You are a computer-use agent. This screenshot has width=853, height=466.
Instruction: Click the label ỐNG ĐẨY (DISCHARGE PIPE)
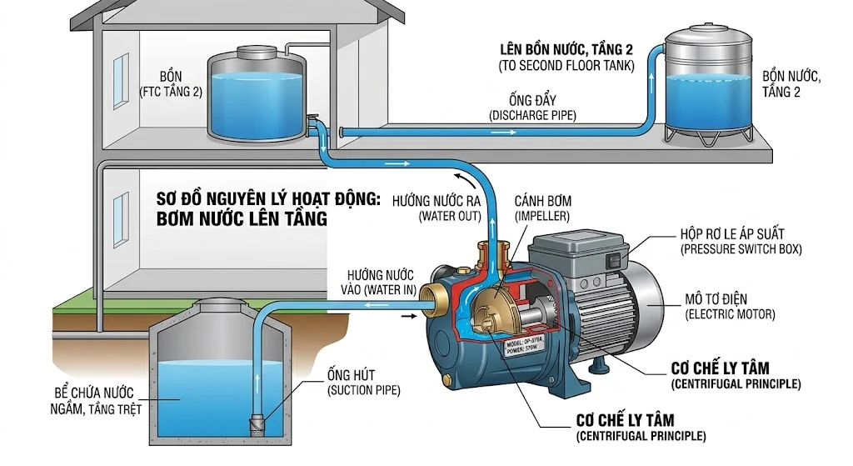pyautogui.click(x=534, y=106)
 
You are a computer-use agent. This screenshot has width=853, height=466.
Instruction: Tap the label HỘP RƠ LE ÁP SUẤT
pyautogui.click(x=731, y=242)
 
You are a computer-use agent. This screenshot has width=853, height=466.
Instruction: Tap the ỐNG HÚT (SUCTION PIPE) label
pyautogui.click(x=362, y=383)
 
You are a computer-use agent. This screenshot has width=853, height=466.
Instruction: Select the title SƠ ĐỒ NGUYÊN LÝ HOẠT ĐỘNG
pyautogui.click(x=268, y=200)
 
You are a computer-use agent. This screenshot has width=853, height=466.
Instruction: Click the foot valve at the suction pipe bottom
pyautogui.click(x=257, y=423)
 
